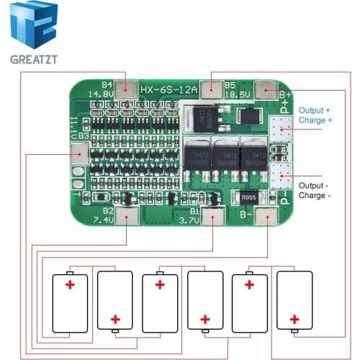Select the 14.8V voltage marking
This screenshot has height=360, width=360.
pos(100,94)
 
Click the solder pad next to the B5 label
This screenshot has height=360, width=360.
pos(212,89)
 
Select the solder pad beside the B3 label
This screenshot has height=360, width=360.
pos(79,153)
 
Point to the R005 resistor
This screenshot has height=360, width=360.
pos(248,198)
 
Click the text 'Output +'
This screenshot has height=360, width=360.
pos(315,110)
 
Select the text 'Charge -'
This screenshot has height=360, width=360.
pos(315,195)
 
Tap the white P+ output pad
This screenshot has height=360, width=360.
pos(280,128)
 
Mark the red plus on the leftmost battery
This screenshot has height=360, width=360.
pos(70,285)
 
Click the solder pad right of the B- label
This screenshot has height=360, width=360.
pos(267,216)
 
